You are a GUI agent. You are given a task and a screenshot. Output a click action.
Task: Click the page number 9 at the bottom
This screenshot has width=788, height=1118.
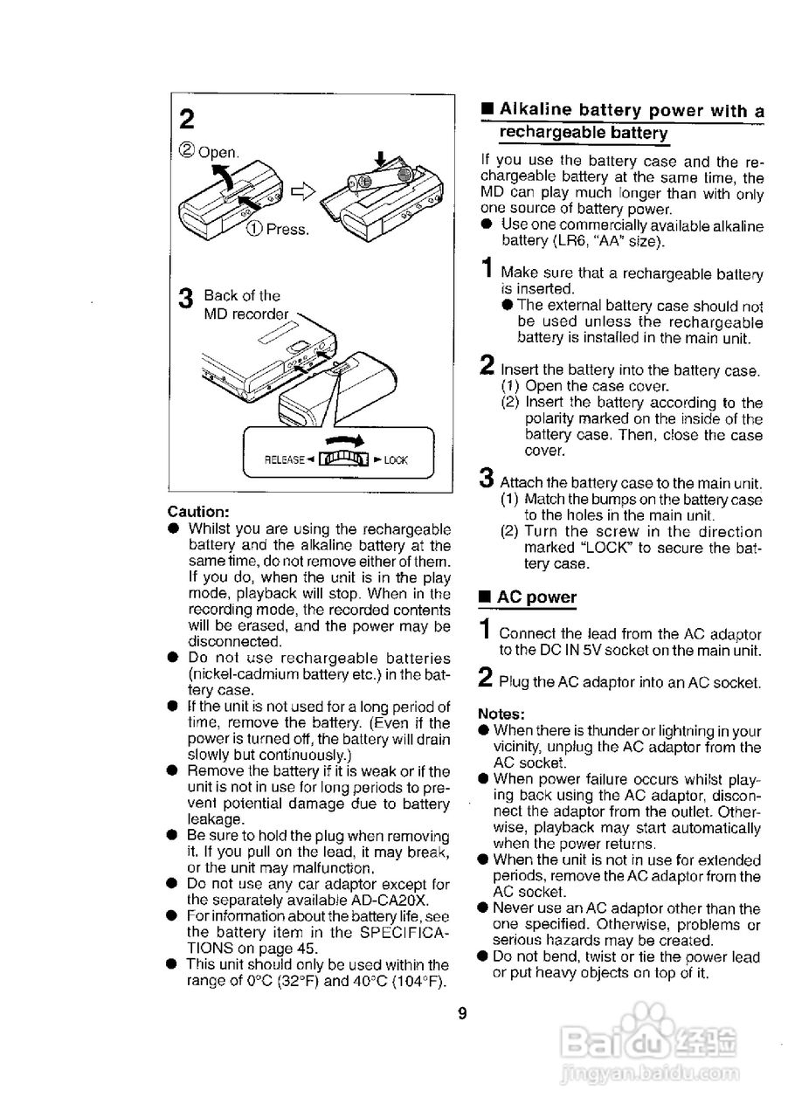tap(462, 1014)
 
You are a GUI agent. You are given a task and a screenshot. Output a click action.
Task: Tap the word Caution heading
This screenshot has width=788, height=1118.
tap(198, 512)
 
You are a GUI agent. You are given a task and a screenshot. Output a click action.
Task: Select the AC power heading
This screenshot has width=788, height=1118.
tap(536, 597)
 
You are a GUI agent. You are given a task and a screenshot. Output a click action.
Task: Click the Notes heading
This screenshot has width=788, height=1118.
tap(501, 714)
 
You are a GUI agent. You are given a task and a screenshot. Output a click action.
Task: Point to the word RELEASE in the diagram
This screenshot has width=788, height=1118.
tap(284, 459)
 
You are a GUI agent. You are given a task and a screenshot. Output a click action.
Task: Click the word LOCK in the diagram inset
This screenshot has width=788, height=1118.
tap(396, 460)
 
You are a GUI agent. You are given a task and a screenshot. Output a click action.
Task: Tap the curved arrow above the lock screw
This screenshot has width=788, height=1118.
tap(344, 440)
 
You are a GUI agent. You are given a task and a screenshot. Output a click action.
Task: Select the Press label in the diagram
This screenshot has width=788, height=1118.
tap(287, 229)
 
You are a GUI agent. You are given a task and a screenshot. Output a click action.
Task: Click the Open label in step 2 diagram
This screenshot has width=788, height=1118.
tap(218, 152)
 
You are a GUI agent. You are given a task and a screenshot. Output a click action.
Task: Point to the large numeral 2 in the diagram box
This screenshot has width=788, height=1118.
tap(187, 120)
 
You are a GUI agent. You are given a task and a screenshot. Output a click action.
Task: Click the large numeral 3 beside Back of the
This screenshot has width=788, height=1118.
tap(186, 299)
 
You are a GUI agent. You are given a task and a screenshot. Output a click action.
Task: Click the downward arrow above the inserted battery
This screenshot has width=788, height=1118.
tap(381, 159)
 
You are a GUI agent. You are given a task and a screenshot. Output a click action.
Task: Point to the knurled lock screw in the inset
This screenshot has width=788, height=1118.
tap(343, 459)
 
